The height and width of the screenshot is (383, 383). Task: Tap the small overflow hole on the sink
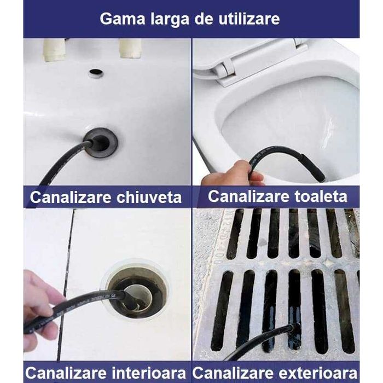click(96, 73)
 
